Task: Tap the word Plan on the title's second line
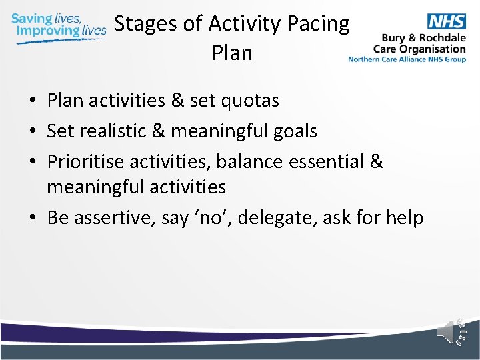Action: tap(232, 53)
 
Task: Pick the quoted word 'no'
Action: tap(208, 218)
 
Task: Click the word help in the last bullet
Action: tap(402, 218)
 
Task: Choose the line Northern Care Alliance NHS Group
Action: tap(407, 59)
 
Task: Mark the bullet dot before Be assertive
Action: tap(32, 219)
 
